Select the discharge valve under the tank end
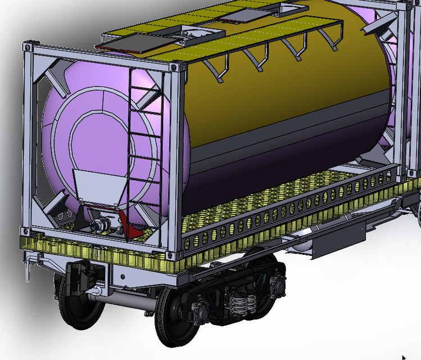[x=99, y=226]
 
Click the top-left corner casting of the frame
[x=26, y=46]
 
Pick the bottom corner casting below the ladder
[x=179, y=248]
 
